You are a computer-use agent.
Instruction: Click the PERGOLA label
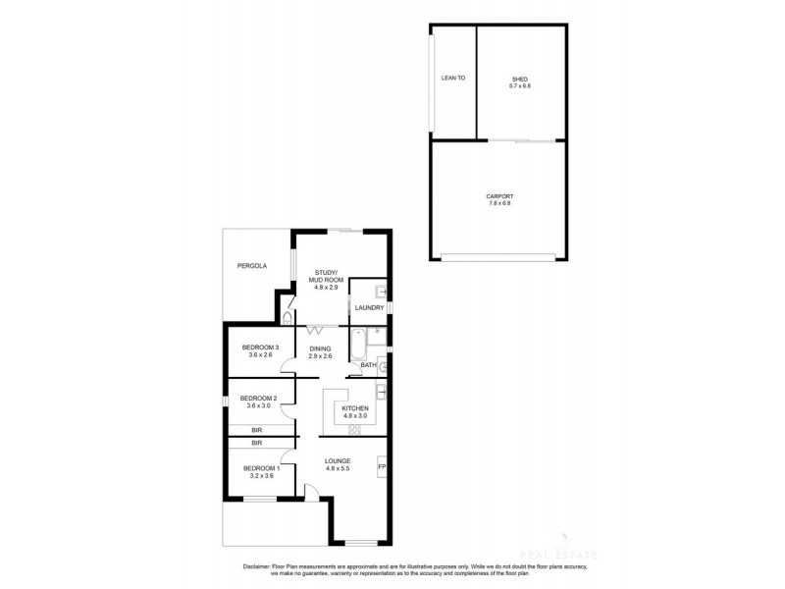[251, 266]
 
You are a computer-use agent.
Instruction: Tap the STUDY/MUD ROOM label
[325, 276]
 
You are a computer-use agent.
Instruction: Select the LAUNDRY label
[369, 308]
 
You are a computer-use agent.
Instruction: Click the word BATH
[368, 365]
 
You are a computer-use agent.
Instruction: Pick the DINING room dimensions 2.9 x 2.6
[320, 356]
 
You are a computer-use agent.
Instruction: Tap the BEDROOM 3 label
[261, 348]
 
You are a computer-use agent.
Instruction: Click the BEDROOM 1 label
[261, 468]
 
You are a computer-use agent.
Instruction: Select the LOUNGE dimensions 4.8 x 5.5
[339, 468]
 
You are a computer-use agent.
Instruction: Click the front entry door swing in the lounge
[310, 495]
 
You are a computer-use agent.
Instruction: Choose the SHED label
[520, 79]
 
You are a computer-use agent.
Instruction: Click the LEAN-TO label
[452, 78]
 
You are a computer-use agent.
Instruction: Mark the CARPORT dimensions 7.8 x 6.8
[499, 203]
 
